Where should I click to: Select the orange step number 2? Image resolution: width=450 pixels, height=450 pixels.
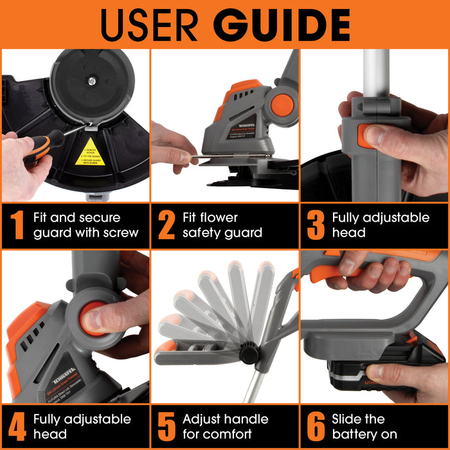click(166, 225)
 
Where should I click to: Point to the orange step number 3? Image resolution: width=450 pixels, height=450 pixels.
click(315, 225)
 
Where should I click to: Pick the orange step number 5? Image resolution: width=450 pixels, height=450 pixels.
click(166, 426)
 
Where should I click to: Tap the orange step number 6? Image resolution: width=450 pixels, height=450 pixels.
click(315, 426)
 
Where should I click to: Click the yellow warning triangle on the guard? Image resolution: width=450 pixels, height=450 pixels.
click(90, 153)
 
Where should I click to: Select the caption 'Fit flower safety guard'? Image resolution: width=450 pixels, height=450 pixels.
click(222, 225)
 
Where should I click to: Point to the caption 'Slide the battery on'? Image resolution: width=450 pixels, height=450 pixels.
click(364, 426)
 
